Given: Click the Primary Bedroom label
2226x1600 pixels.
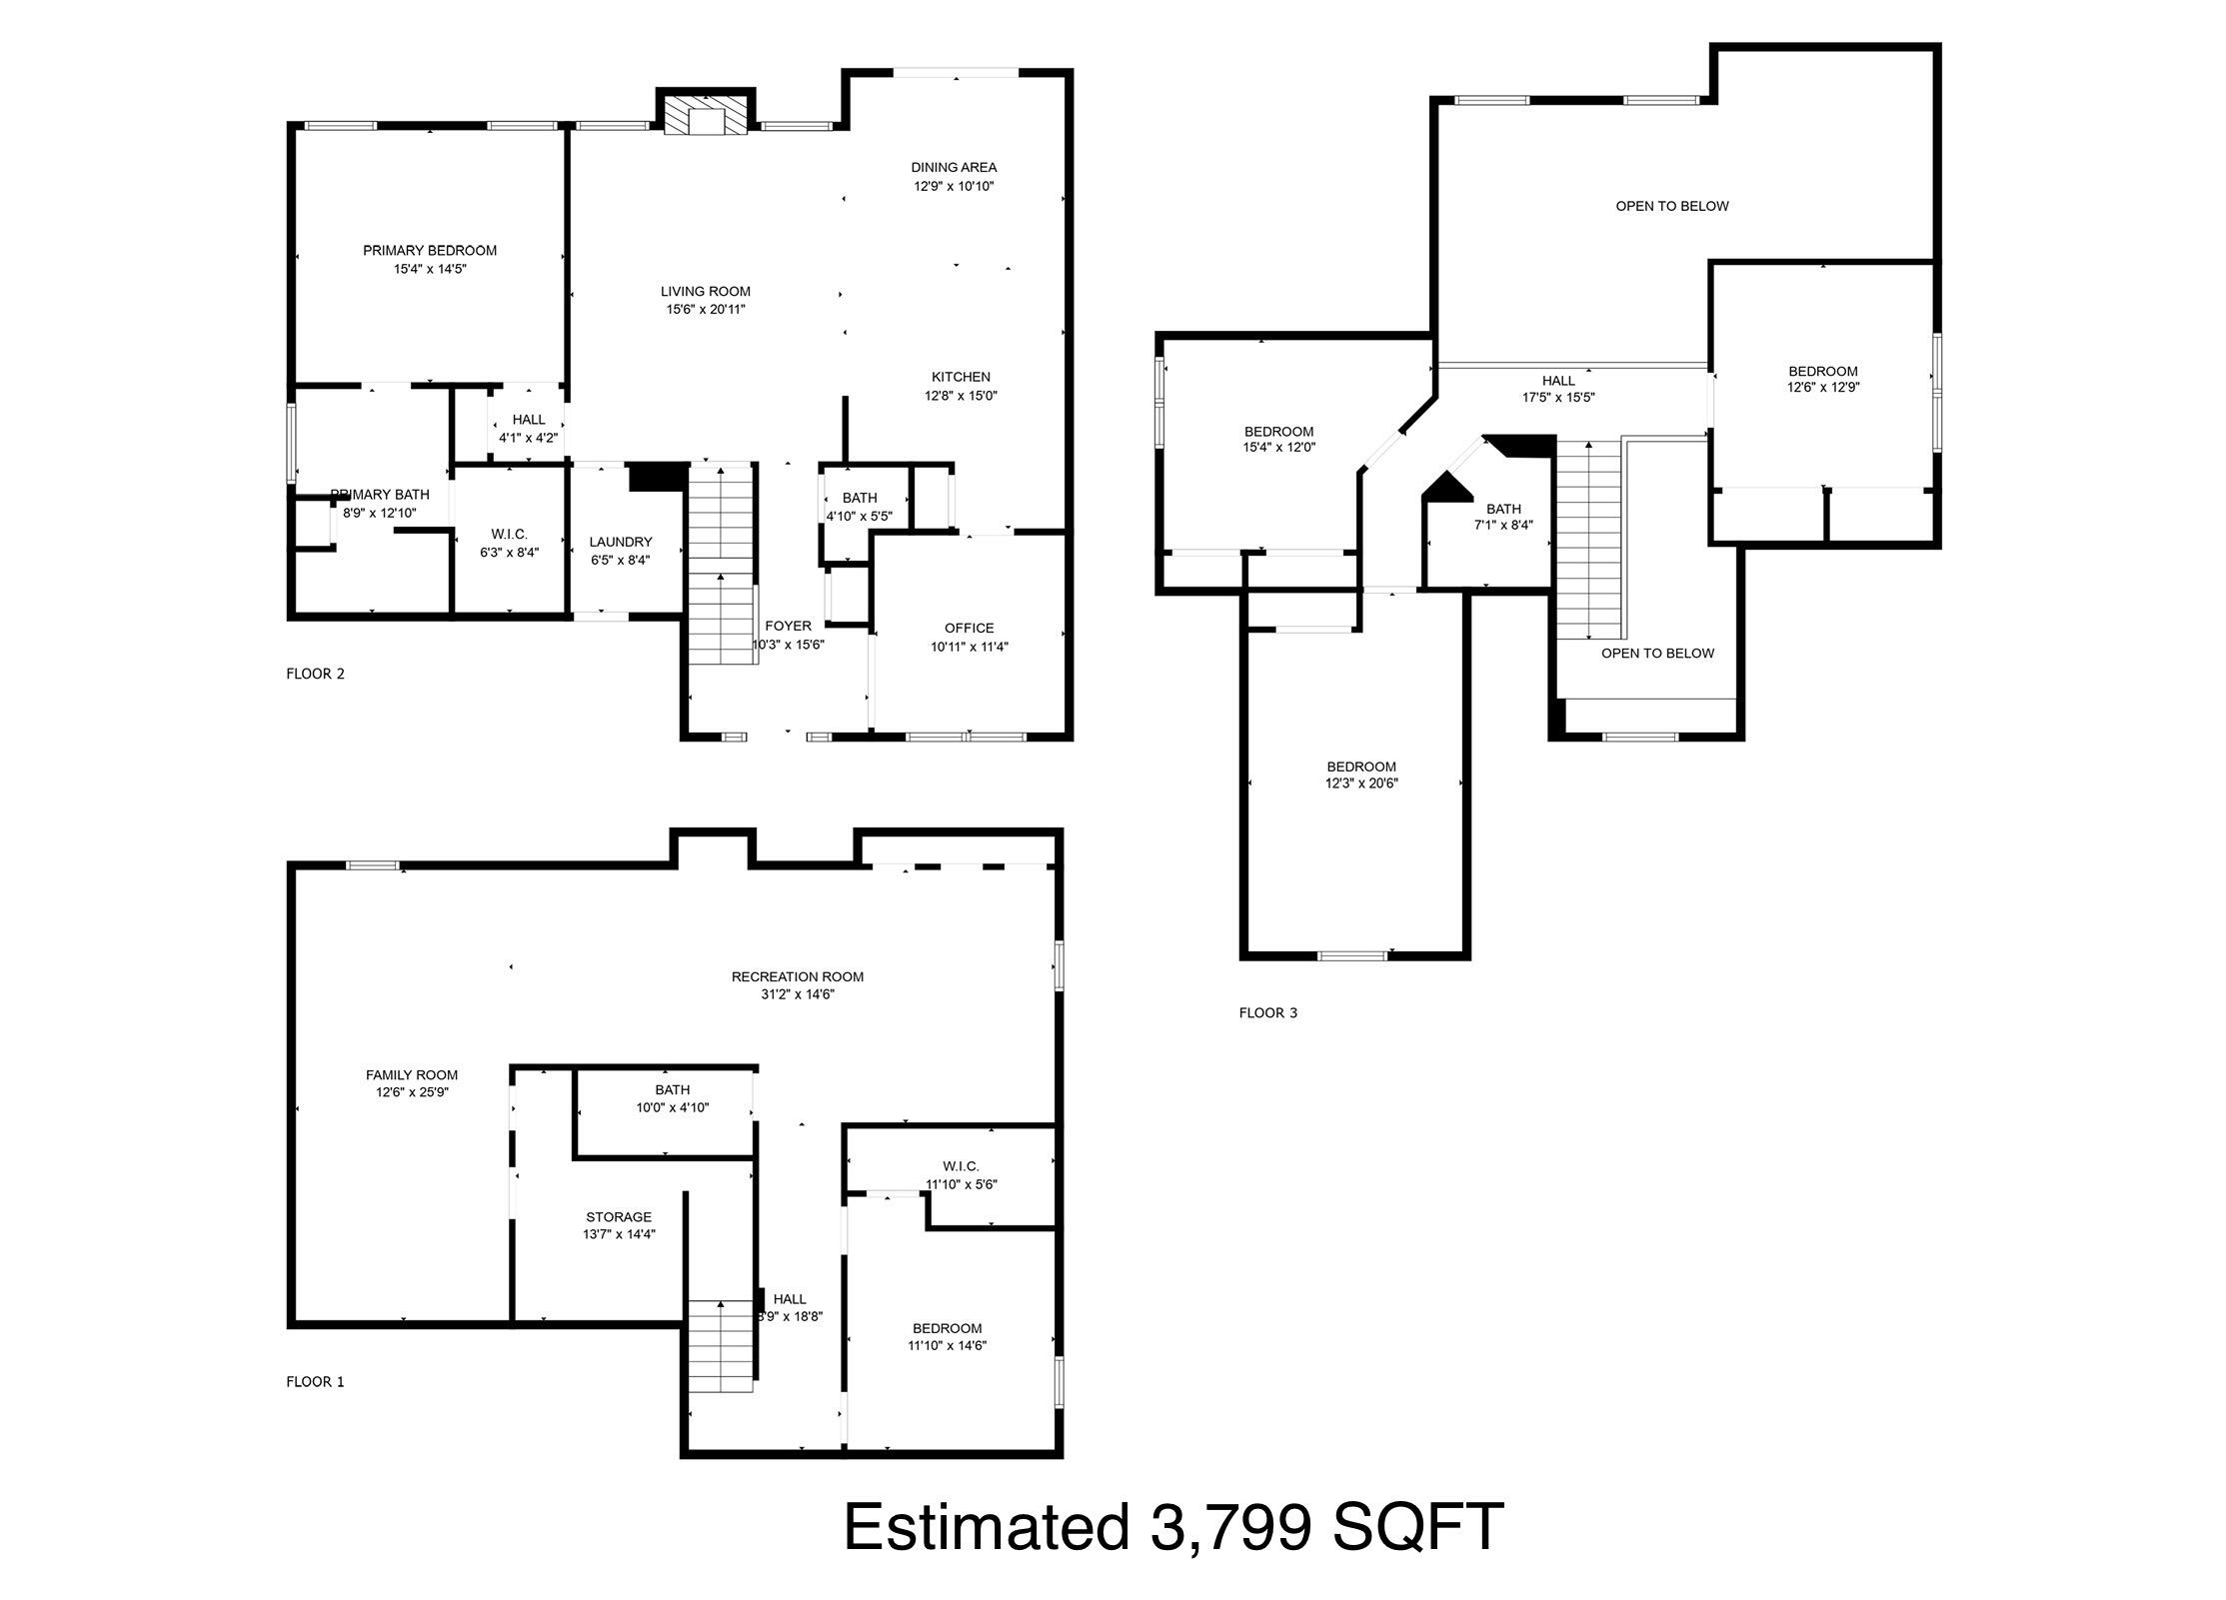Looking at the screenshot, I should [429, 251].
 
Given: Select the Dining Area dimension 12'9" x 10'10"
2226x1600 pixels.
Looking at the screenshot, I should [953, 186].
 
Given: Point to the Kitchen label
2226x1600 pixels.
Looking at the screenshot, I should [961, 377].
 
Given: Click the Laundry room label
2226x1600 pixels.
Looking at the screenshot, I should [620, 542].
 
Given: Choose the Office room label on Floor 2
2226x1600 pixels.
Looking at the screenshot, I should [969, 628].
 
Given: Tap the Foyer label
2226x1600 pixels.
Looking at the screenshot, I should [788, 626].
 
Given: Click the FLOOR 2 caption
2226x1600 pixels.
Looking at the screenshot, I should [315, 674].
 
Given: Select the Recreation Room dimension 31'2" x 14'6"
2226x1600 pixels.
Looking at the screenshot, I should [797, 994].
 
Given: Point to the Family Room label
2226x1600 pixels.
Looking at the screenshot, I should [411, 1075].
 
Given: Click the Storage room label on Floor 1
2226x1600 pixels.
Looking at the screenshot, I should [618, 1217].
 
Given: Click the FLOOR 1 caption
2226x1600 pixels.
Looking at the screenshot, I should [315, 1382].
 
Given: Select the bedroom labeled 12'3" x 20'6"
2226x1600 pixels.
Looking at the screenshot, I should [1360, 776].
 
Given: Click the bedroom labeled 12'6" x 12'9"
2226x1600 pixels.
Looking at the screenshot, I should [1822, 379].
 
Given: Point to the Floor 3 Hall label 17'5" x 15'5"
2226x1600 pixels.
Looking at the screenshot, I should [1557, 389].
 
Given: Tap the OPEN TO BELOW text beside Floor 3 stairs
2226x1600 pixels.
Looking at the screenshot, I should [1656, 654].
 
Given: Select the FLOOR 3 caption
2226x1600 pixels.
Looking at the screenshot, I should [1267, 1013].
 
